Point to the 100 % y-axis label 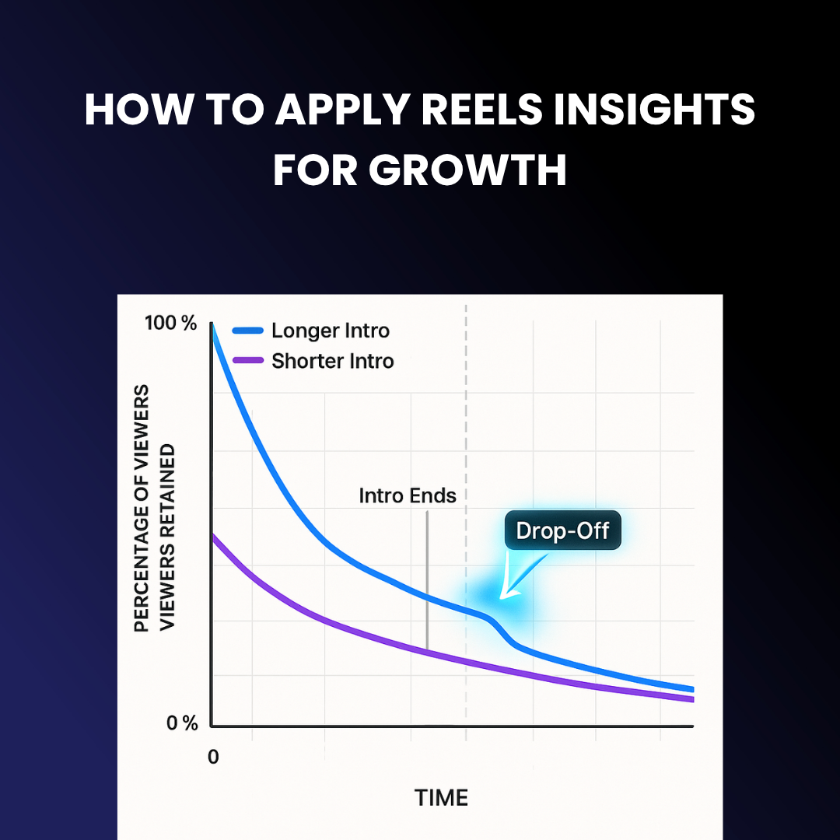coord(171,324)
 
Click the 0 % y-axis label coord(182,723)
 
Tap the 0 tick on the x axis coord(214,757)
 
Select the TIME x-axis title coord(441,797)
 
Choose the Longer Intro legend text coord(331,331)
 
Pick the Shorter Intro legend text coord(333,361)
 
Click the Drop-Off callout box coord(562,531)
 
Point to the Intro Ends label coord(408,495)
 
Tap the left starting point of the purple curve coord(213,534)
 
